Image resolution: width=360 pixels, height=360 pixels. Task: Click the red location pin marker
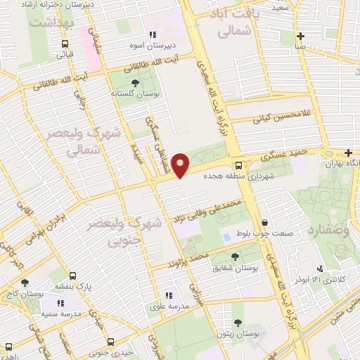coord(181,165)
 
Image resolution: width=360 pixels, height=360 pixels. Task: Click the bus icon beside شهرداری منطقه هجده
coord(239,166)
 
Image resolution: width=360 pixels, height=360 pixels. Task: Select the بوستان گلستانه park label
coord(134,92)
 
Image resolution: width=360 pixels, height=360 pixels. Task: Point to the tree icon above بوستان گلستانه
coord(135,82)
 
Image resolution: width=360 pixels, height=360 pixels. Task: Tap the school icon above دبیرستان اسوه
coord(150,34)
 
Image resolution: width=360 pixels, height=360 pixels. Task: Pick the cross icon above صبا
coord(300,37)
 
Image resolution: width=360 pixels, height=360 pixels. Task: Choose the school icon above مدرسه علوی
coord(168,296)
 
